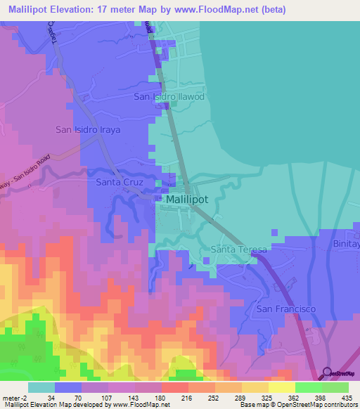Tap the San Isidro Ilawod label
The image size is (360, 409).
click(x=169, y=96)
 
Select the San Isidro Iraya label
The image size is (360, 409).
click(x=88, y=130)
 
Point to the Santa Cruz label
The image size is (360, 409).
click(x=120, y=182)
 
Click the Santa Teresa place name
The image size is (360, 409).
click(x=239, y=250)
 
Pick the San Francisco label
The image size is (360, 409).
click(x=285, y=309)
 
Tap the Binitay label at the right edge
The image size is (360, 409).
click(x=347, y=244)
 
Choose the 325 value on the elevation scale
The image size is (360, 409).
click(x=266, y=397)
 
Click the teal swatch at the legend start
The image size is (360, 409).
click(x=41, y=387)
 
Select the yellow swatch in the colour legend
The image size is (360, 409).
click(x=281, y=387)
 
